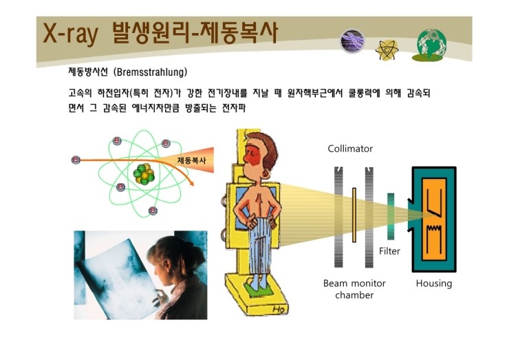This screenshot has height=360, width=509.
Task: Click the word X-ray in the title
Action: (x=70, y=33)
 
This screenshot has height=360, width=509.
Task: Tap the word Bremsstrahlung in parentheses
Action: (x=150, y=72)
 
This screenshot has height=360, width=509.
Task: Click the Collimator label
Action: (x=350, y=149)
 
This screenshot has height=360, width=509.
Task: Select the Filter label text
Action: (x=389, y=251)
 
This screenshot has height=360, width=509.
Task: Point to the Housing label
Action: (x=434, y=284)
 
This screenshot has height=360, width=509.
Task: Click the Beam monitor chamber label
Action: (x=354, y=289)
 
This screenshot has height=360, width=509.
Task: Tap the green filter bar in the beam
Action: (x=391, y=216)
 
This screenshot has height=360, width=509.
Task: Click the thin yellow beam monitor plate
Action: (x=354, y=215)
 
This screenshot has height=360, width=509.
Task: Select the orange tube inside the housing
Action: (x=434, y=220)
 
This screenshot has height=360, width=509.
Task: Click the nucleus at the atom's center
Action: (x=144, y=173)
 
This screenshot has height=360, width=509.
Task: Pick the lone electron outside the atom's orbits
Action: (x=76, y=160)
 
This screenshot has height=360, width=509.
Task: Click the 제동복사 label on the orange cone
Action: (x=191, y=160)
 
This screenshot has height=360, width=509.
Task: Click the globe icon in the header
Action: (x=431, y=45)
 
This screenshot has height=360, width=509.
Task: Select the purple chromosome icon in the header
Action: (x=353, y=41)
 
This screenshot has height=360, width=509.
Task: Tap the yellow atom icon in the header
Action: (x=387, y=50)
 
